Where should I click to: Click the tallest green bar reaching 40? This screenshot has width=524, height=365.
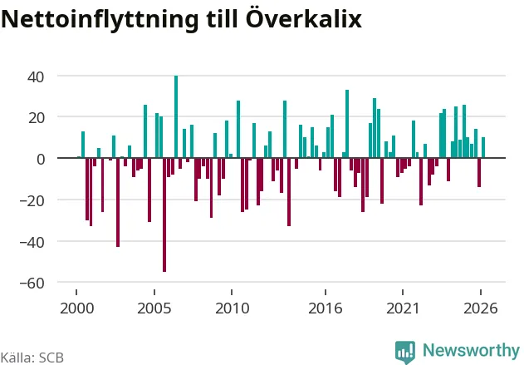point(176,116)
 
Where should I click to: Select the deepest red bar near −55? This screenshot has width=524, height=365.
point(164,215)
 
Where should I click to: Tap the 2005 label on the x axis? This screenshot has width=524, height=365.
point(154,308)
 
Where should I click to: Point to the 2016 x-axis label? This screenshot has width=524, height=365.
point(326,308)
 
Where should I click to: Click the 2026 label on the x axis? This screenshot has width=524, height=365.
point(481,308)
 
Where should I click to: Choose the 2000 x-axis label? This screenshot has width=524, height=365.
point(77,308)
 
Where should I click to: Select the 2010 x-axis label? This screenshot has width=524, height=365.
point(232,308)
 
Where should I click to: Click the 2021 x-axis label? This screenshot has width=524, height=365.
point(403,308)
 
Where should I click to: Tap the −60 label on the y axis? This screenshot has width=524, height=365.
point(32,283)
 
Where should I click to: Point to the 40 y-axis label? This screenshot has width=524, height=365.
point(36,77)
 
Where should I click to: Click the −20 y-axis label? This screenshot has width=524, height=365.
point(32,200)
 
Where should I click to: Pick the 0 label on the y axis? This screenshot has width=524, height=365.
point(41,160)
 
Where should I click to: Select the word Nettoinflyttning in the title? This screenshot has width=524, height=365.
point(100,19)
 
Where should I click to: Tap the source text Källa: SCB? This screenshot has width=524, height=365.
point(32,358)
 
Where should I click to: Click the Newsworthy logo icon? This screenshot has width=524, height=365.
point(405,352)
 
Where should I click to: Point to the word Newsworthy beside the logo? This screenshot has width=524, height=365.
point(471,351)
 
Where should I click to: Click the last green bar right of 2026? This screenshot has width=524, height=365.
point(483,147)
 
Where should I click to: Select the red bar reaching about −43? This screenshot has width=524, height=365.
point(118,202)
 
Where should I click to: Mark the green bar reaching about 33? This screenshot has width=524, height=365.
point(347,124)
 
